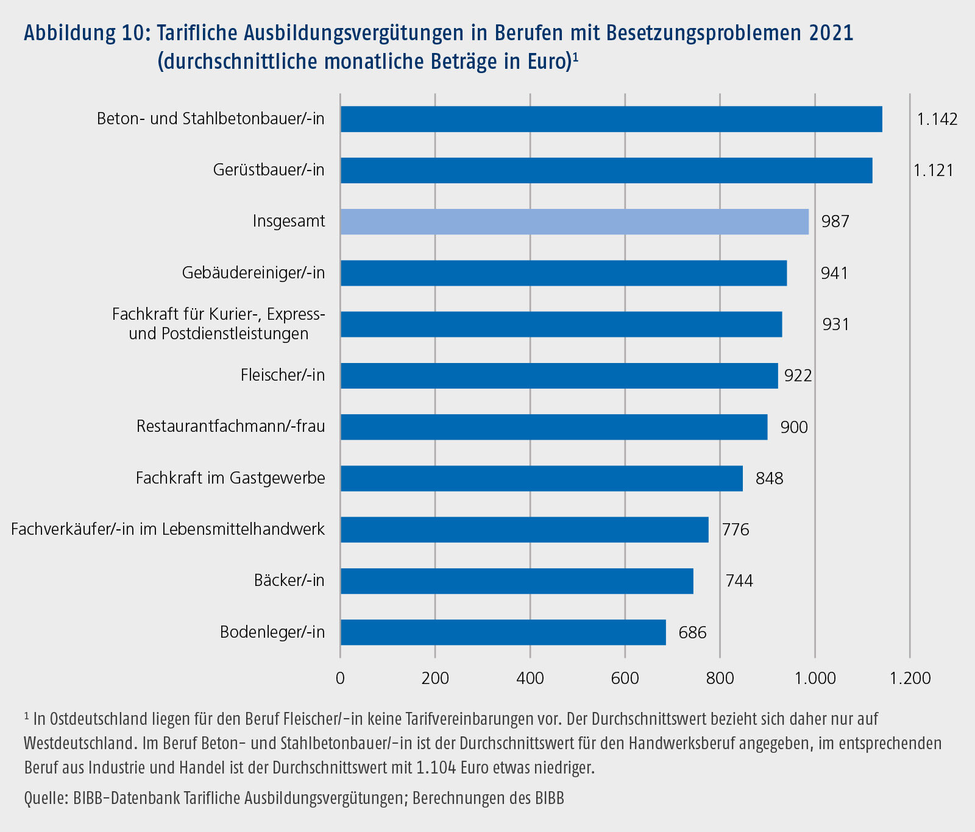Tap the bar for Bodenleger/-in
pos(503,632)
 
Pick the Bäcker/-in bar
pos(517,581)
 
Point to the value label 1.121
pos(933,171)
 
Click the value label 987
pos(835,222)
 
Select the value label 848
pos(769,479)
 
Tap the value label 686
pos(692,633)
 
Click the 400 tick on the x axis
pos(530,678)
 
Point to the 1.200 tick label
pos(910,678)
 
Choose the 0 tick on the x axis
pos(340,678)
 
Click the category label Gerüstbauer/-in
pos(269,170)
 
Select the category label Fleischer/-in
pos(283,375)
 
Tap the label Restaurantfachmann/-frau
pos(230,426)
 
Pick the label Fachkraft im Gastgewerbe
pos(230,478)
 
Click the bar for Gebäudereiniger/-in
pos(564,273)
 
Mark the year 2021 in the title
pos(831,33)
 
